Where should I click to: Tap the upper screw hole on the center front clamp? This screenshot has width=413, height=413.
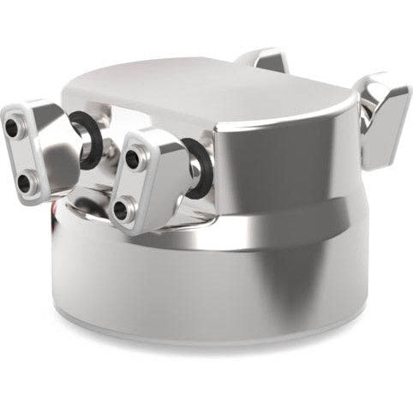[x=132, y=159]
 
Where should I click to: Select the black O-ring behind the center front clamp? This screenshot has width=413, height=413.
[x=199, y=168]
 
